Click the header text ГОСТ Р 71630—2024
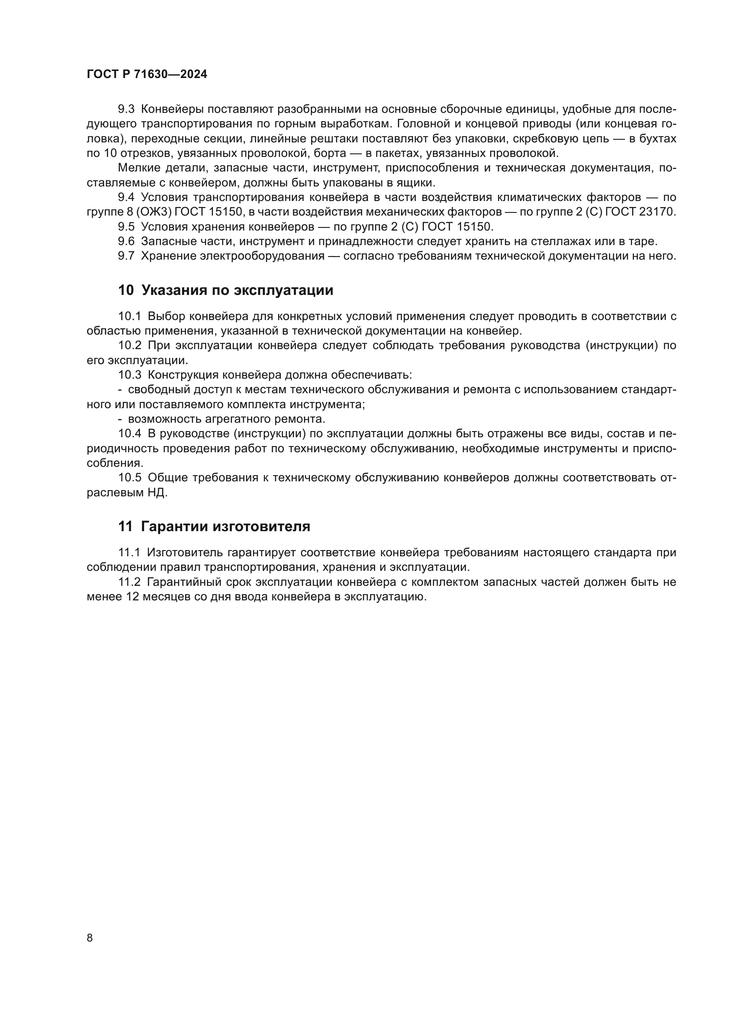[147, 74]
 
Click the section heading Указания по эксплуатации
[237, 290]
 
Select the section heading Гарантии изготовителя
[225, 526]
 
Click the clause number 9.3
[126, 110]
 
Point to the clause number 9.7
[126, 256]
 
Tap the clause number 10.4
[129, 434]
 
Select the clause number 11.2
[129, 582]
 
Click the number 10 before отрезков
[110, 153]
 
